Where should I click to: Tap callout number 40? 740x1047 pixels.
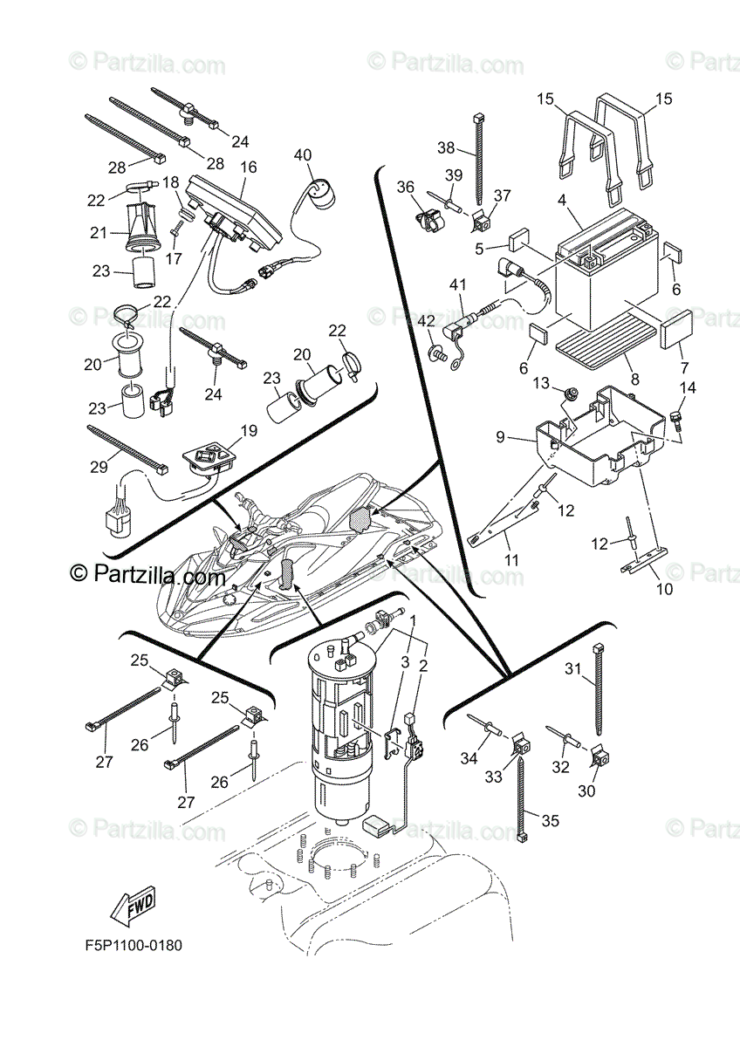[302, 155]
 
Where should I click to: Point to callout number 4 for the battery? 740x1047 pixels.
[563, 200]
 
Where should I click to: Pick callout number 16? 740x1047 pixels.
[248, 166]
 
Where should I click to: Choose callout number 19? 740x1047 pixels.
[249, 431]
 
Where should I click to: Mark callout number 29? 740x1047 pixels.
[99, 468]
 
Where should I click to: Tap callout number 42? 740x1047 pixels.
[426, 320]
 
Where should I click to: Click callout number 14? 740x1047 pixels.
[688, 387]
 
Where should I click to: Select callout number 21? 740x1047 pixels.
[98, 234]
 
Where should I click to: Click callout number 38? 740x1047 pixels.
[446, 147]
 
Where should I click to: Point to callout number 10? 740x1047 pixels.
[665, 589]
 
